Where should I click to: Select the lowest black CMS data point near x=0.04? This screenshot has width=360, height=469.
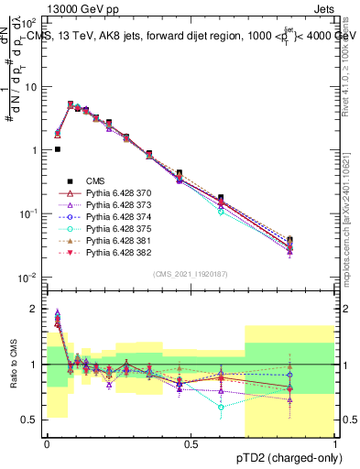coord(57,149)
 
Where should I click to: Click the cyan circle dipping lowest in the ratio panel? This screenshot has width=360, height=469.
coord(221,406)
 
